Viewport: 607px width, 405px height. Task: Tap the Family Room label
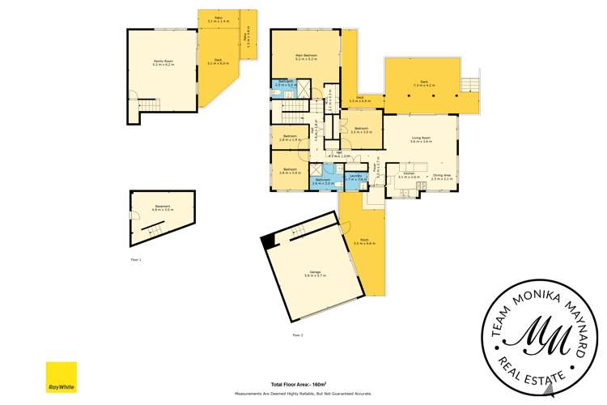pyautogui.click(x=163, y=62)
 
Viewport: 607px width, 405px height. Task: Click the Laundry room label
pyautogui.click(x=355, y=177)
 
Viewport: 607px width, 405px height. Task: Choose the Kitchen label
pyautogui.click(x=409, y=174)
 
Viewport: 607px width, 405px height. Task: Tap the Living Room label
pyautogui.click(x=421, y=139)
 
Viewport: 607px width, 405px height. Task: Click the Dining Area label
pyautogui.click(x=442, y=174)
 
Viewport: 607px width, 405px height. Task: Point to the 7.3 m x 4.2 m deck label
pyautogui.click(x=424, y=82)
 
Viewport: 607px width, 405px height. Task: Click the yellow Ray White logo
pyautogui.click(x=61, y=377)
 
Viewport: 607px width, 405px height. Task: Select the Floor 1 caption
pyautogui.click(x=136, y=259)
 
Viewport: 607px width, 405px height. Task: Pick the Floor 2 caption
pyautogui.click(x=297, y=335)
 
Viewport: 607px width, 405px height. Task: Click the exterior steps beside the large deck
pyautogui.click(x=469, y=83)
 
